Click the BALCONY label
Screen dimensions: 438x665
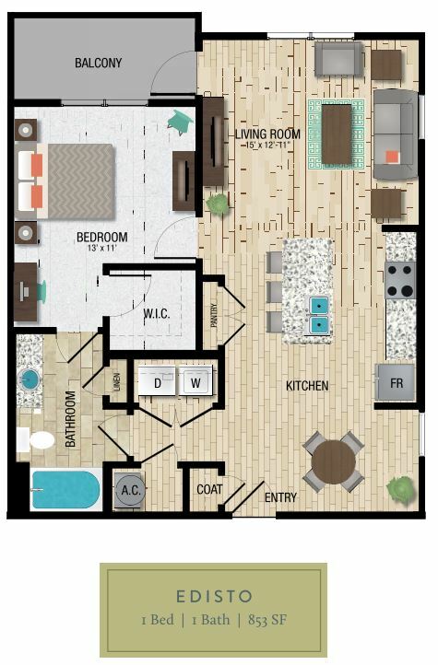click(98, 63)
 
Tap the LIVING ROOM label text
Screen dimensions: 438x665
click(267, 134)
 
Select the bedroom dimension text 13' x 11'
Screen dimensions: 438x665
click(101, 248)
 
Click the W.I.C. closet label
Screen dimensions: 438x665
click(157, 314)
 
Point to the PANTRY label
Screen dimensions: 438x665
click(214, 315)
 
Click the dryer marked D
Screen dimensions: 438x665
click(157, 380)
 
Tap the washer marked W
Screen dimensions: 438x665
click(195, 380)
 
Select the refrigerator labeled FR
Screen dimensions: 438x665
click(396, 382)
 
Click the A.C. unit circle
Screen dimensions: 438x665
click(130, 490)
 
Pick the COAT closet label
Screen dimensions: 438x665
click(209, 489)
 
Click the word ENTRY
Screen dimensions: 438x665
click(280, 497)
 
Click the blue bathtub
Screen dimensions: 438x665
click(65, 490)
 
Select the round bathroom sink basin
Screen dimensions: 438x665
click(30, 378)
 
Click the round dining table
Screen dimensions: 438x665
click(334, 462)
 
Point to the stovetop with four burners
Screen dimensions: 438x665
click(400, 279)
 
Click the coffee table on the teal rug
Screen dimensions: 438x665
click(337, 134)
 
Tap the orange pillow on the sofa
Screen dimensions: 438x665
click(393, 157)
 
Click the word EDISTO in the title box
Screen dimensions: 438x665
click(214, 596)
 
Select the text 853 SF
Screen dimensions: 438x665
click(267, 620)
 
